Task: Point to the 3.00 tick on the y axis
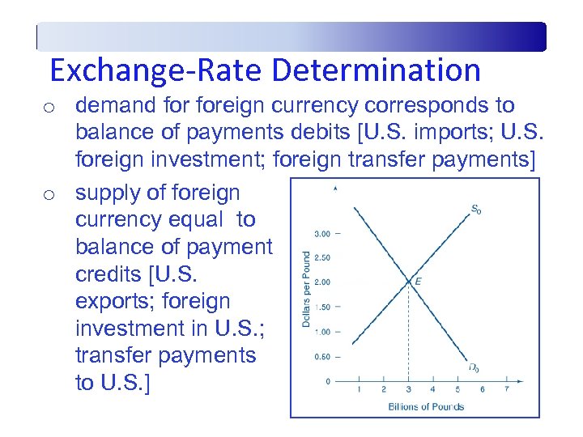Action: tap(321, 234)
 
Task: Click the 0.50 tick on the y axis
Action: tap(321, 356)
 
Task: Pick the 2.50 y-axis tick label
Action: tap(321, 258)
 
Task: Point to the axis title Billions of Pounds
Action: tap(425, 406)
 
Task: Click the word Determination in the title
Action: tap(377, 70)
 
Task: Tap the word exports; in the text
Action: tap(111, 301)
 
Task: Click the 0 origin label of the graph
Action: tap(327, 380)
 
